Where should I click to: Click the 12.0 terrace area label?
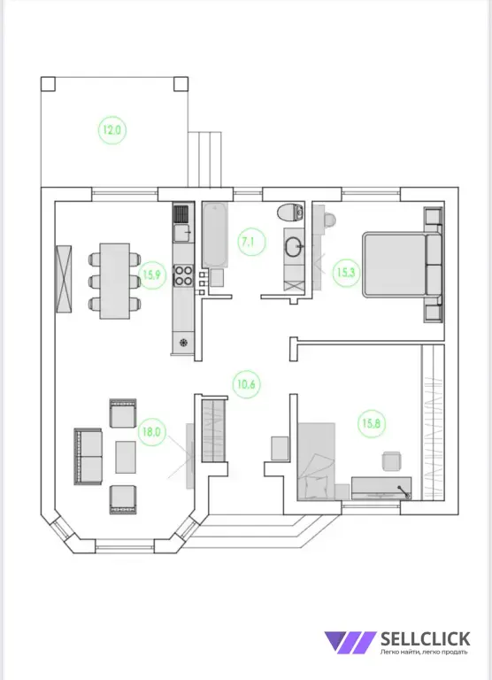(112, 129)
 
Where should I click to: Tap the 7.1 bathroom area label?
(248, 242)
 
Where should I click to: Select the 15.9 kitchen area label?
(152, 274)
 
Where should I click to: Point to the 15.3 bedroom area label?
(346, 273)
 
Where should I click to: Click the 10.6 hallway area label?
(246, 384)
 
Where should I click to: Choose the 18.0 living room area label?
(151, 432)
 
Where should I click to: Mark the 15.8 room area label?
(372, 423)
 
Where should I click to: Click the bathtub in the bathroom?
(215, 235)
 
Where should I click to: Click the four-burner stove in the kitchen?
(183, 275)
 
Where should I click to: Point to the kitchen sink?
(183, 233)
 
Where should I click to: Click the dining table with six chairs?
(115, 281)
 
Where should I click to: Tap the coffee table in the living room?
(126, 457)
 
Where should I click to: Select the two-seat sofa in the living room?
(88, 456)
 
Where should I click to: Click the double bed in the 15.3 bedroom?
(403, 265)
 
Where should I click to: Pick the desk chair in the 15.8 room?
(392, 460)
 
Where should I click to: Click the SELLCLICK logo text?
(426, 638)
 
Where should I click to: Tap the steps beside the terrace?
(205, 159)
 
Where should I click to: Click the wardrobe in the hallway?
(214, 429)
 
